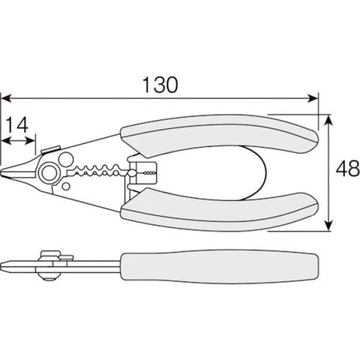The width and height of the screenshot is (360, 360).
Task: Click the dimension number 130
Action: click(x=160, y=85)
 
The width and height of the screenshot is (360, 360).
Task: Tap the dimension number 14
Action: click(x=17, y=124)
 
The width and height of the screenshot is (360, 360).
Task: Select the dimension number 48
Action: click(x=348, y=169)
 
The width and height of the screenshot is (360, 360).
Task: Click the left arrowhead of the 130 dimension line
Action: click(x=6, y=98)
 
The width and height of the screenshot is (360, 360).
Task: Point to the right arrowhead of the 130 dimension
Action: click(x=313, y=98)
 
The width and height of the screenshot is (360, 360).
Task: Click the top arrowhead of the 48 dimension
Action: click(x=329, y=120)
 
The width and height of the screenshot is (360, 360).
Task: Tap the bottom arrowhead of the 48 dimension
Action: click(x=329, y=226)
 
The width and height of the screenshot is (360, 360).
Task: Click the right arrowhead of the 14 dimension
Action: click(x=31, y=141)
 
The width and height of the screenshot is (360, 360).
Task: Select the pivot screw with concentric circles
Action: click(x=49, y=172)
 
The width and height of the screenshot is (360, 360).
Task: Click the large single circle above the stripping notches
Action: click(x=65, y=159)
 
